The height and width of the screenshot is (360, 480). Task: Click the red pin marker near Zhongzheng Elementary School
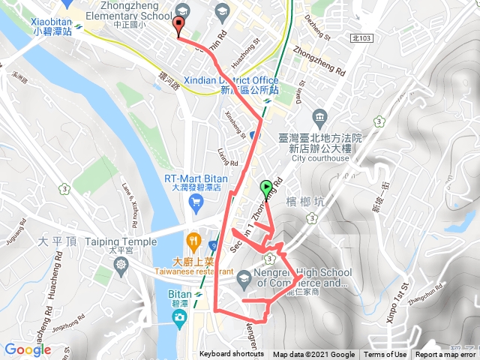pos(178,25)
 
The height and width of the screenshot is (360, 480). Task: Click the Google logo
pos(27,349)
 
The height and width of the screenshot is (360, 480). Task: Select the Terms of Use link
pos(385,355)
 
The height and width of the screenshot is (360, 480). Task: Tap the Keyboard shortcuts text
pos(232,355)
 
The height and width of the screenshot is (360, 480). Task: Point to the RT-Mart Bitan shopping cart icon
pos(196,202)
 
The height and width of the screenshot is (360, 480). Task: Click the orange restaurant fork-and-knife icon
pos(193,241)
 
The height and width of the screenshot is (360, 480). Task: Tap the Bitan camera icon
pos(178,318)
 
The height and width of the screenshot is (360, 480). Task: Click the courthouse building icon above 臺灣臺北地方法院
pos(320,117)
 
